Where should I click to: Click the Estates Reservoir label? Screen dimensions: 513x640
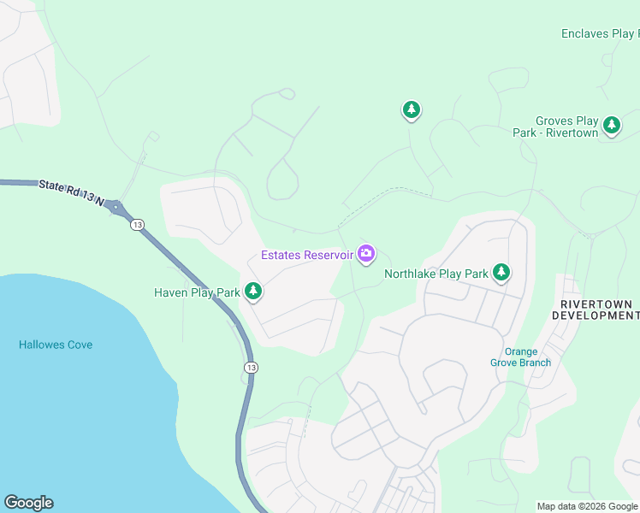pos(306,255)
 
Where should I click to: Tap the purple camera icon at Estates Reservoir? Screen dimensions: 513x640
pos(366,253)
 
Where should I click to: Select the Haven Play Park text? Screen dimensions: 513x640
pos(197,292)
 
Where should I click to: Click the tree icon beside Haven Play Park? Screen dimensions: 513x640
pos(252,292)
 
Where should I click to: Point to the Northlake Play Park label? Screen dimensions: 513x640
pos(436,274)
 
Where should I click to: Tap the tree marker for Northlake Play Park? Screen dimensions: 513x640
pos(501,273)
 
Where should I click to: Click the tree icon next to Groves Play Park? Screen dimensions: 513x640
pos(611,125)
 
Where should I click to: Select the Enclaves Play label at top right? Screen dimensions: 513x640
pos(598,34)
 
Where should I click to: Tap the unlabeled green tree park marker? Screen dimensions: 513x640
pos(412,109)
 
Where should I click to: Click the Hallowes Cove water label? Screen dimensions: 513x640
pos(56,345)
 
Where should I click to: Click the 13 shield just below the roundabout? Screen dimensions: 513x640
pos(137,224)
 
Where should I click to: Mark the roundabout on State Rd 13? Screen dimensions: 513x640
pos(116,207)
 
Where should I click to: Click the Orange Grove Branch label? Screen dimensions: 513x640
pos(520,357)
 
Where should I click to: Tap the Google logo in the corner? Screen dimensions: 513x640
pos(28,503)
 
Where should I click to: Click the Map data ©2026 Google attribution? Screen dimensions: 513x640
pos(587,506)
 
